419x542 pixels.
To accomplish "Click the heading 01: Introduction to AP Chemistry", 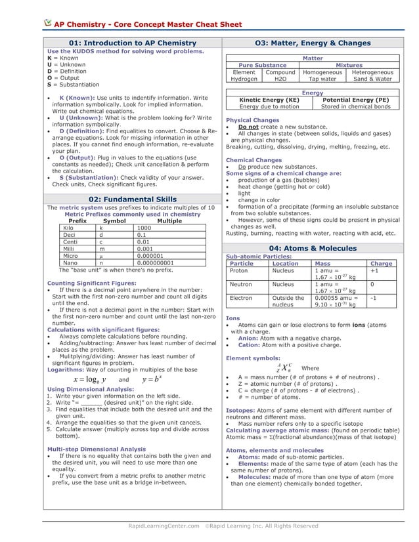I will [133, 43].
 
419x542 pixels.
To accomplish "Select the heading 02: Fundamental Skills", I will [133, 199].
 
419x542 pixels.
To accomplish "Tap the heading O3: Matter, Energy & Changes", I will [312, 43].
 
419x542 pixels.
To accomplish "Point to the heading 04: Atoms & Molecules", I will [312, 248].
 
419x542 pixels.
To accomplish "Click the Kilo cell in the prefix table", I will [68, 227].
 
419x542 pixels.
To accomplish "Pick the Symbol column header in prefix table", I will [114, 220].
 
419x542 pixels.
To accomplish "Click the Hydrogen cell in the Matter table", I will [244, 78].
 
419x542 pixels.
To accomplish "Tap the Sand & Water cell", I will [372, 78].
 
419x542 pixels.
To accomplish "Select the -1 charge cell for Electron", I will [373, 298].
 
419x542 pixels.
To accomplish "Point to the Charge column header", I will [382, 263].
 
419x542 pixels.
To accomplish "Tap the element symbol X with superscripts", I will [284, 368].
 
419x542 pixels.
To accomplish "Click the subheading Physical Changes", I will [252, 120].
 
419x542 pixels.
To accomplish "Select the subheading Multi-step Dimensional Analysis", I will [97, 449].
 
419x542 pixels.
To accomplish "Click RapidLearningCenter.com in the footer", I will [163, 526].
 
